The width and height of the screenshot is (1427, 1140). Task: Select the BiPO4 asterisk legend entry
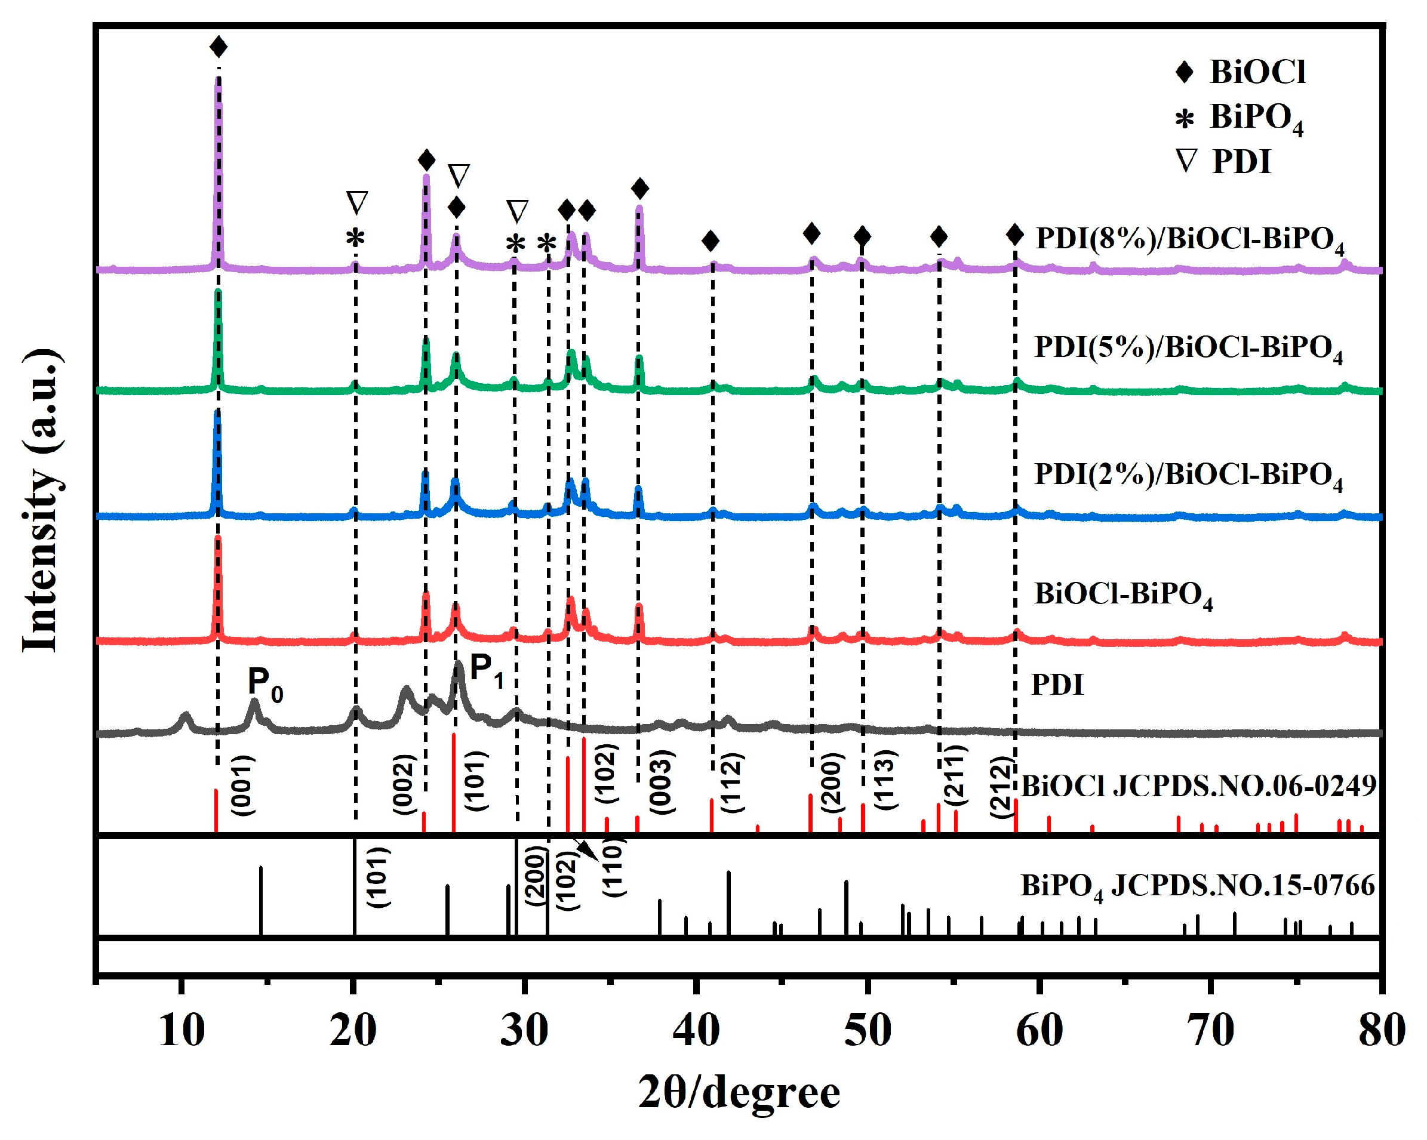pos(1242,118)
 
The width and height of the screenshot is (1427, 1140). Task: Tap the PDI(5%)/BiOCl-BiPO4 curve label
pos(1189,349)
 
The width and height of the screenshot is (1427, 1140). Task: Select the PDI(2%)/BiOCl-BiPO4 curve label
pos(1189,476)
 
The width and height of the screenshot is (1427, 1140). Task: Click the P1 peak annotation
pos(487,670)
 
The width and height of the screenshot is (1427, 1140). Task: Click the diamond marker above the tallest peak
pos(219,47)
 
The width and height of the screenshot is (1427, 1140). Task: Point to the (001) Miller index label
pos(242,785)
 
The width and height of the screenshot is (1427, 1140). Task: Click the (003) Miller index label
pos(661,781)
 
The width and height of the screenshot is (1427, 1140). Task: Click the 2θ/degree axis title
pos(739,1093)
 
